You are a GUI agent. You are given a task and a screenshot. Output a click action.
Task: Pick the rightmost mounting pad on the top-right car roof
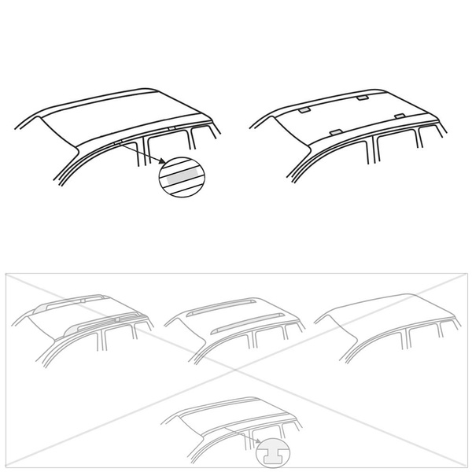[400, 117]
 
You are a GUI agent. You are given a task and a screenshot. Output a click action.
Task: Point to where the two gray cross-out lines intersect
[236, 370]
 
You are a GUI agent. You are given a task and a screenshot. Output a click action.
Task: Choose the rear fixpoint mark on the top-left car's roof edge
[171, 126]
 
